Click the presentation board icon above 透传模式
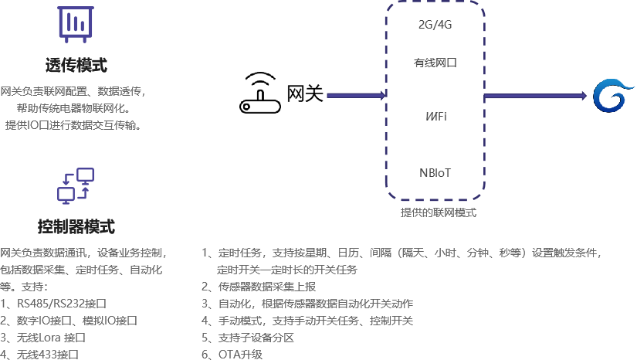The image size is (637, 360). (x=74, y=24)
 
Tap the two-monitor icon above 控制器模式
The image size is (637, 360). (x=75, y=185)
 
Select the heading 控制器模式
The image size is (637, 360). (x=76, y=226)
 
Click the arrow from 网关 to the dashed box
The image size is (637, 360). (x=356, y=96)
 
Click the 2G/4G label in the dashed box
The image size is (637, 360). (x=435, y=24)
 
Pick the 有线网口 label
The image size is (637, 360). (x=435, y=63)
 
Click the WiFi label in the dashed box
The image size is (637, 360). (x=435, y=117)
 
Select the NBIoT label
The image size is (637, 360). (x=435, y=172)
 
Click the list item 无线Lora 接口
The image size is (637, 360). (x=47, y=337)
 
